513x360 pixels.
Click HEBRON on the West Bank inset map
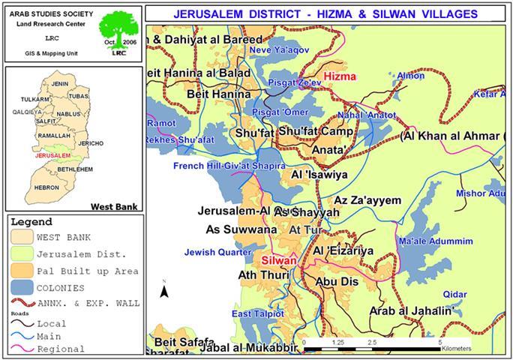[x=46, y=187]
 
